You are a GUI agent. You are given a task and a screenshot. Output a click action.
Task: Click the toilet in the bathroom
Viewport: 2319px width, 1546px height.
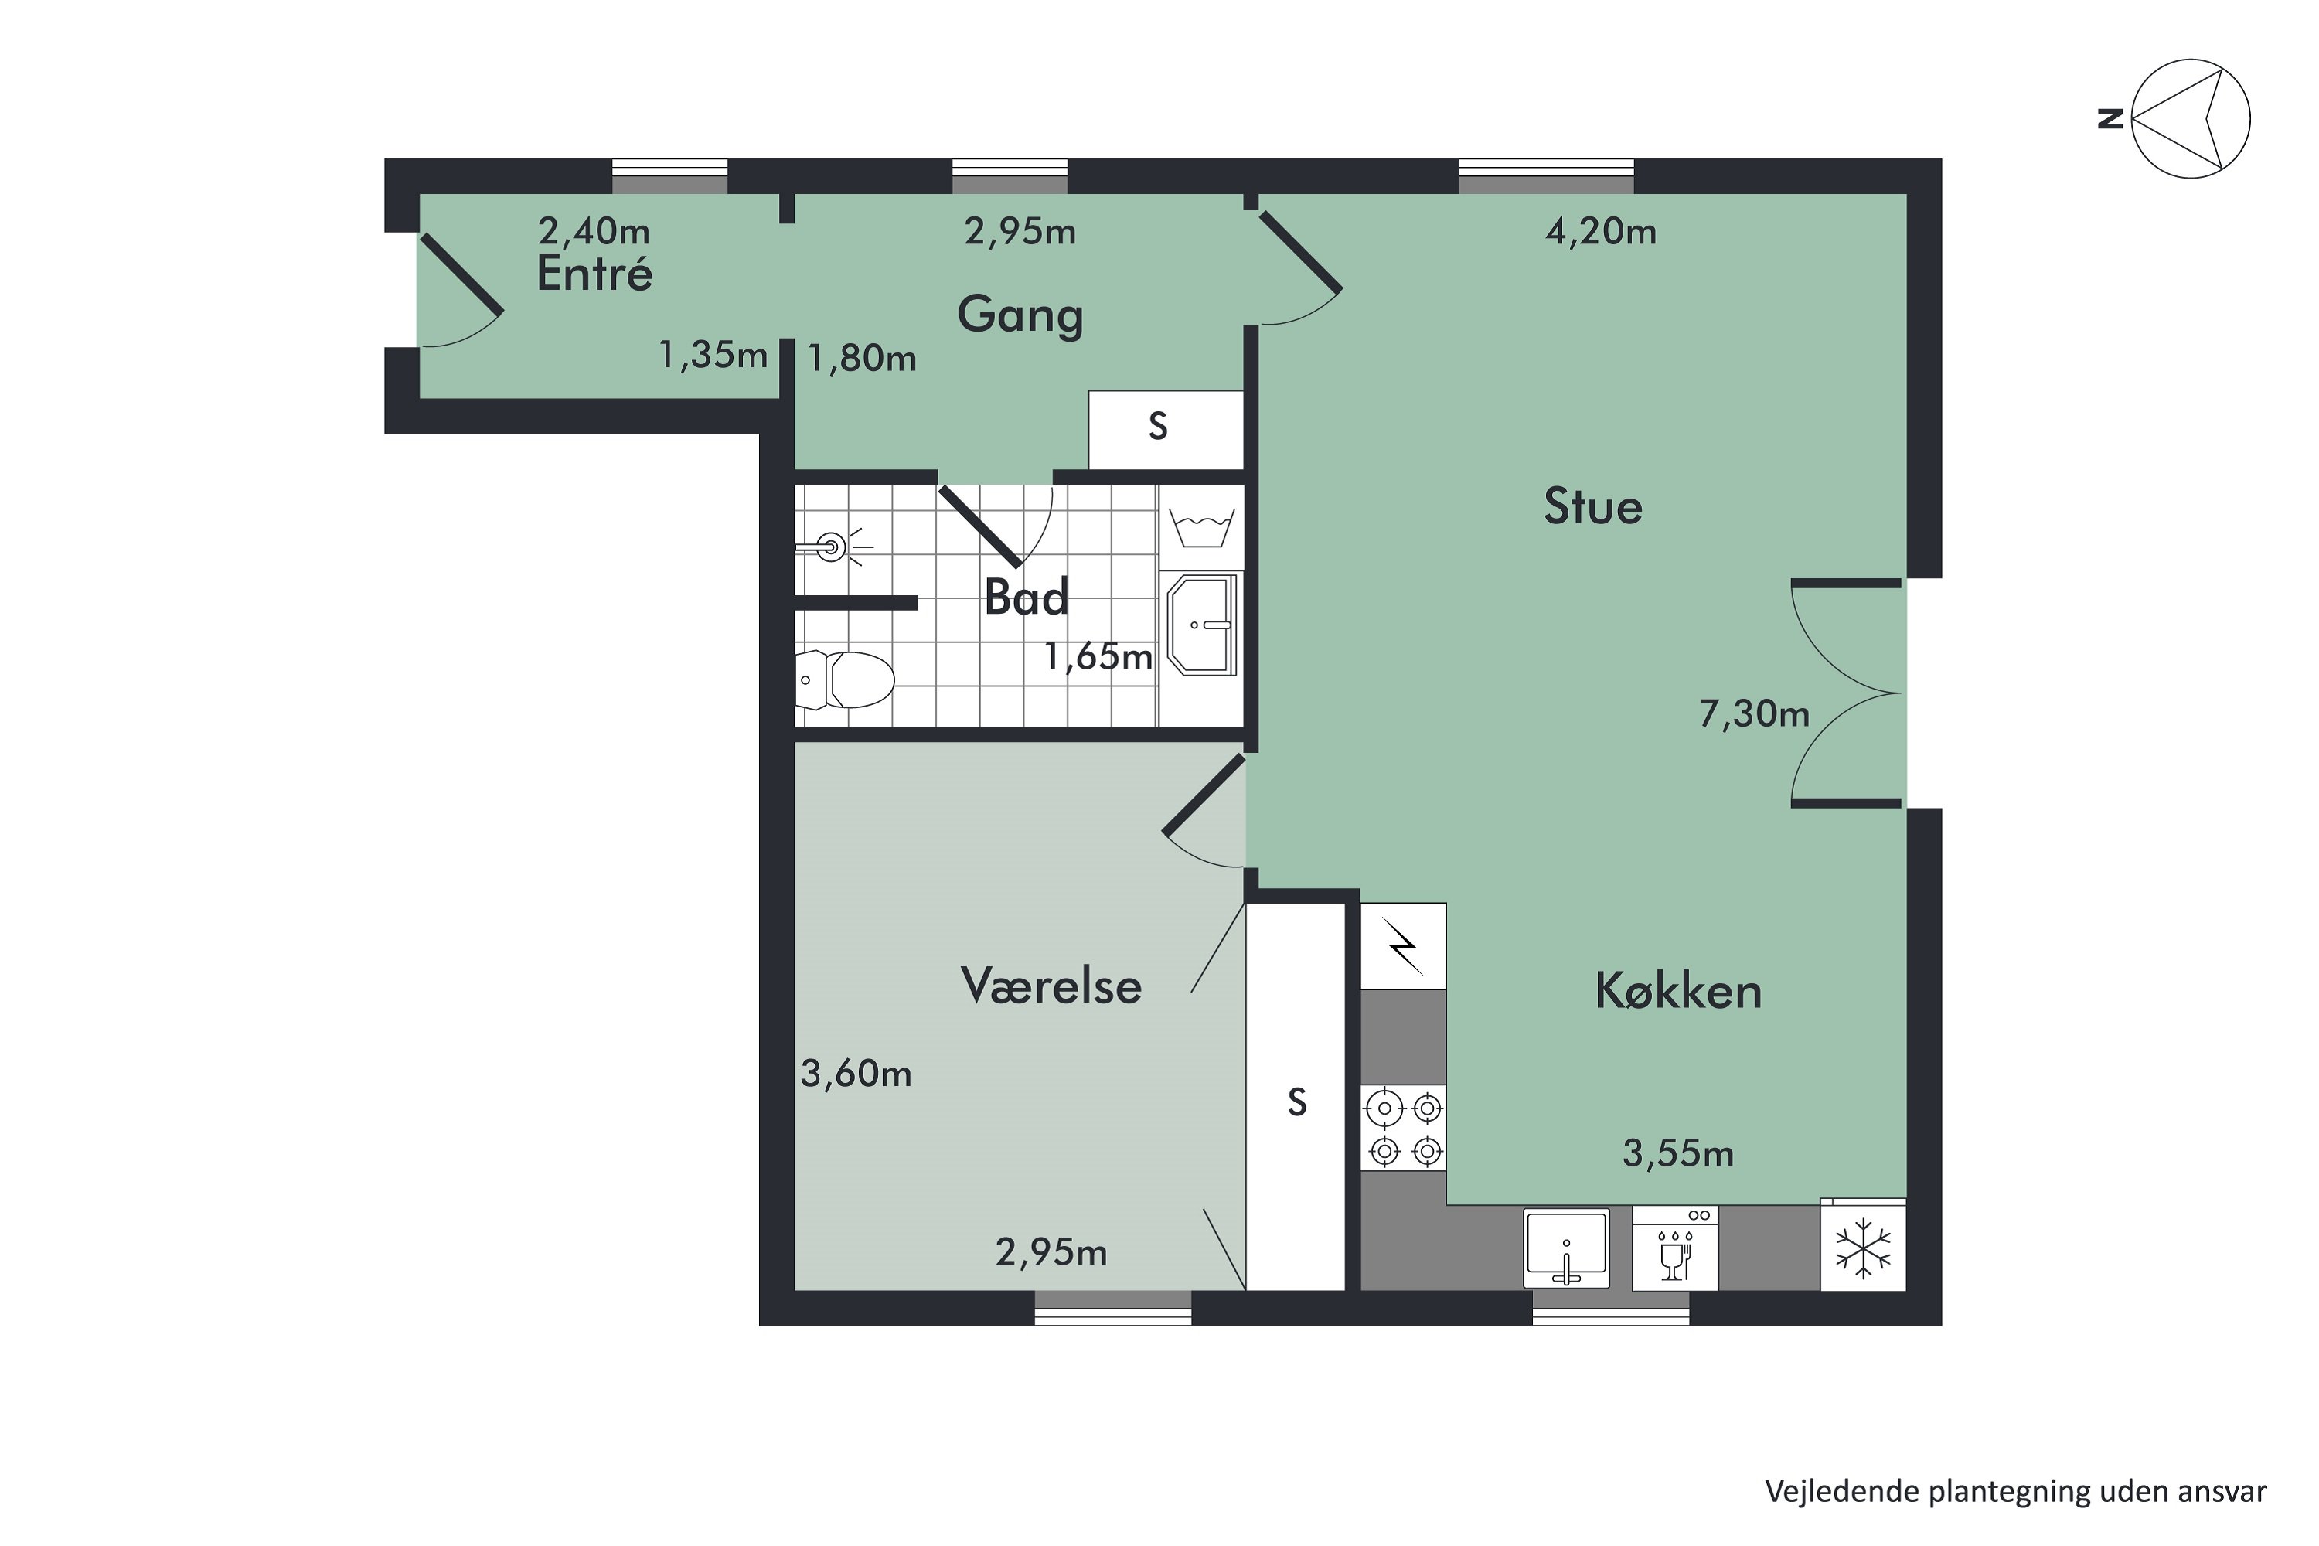pyautogui.click(x=846, y=679)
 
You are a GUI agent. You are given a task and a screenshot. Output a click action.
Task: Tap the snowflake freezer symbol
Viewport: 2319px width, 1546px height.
pyautogui.click(x=1862, y=1248)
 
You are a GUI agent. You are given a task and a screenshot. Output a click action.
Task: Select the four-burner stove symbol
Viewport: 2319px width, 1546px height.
pyautogui.click(x=1403, y=1128)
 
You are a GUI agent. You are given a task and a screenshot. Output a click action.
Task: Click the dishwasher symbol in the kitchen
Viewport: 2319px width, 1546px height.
pyautogui.click(x=1675, y=1248)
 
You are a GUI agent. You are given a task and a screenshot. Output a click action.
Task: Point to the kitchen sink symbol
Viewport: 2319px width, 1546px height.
pyautogui.click(x=1566, y=1248)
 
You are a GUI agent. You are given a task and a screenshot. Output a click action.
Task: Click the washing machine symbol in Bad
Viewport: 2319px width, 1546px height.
pyautogui.click(x=1201, y=527)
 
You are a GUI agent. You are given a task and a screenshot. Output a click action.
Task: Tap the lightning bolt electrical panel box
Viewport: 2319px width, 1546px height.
pyautogui.click(x=1403, y=945)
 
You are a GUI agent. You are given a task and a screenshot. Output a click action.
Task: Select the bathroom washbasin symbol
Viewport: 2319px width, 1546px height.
pyautogui.click(x=1202, y=624)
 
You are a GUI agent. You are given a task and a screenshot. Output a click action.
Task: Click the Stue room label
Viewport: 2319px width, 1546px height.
pyautogui.click(x=1592, y=507)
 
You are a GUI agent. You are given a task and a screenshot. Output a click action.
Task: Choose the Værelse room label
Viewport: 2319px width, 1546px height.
pyautogui.click(x=1051, y=986)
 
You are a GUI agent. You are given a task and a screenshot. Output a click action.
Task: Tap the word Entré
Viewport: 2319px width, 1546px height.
pyautogui.click(x=594, y=274)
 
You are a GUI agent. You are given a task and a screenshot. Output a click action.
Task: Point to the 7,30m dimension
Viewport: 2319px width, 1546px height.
pyautogui.click(x=1754, y=713)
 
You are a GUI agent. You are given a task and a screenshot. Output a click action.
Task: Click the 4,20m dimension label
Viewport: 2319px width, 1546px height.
pyautogui.click(x=1600, y=232)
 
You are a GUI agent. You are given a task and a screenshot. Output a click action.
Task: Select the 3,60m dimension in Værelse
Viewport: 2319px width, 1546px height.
pyautogui.click(x=856, y=1074)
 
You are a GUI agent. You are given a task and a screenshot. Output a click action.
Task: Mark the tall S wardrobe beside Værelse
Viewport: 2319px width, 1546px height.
pyautogui.click(x=1296, y=1102)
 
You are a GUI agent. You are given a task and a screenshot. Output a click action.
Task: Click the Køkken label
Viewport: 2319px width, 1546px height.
pyautogui.click(x=1677, y=991)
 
